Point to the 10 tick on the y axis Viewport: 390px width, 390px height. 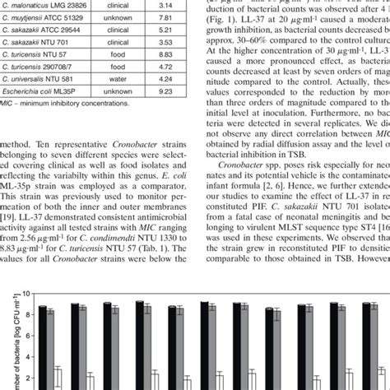[26, 293]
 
